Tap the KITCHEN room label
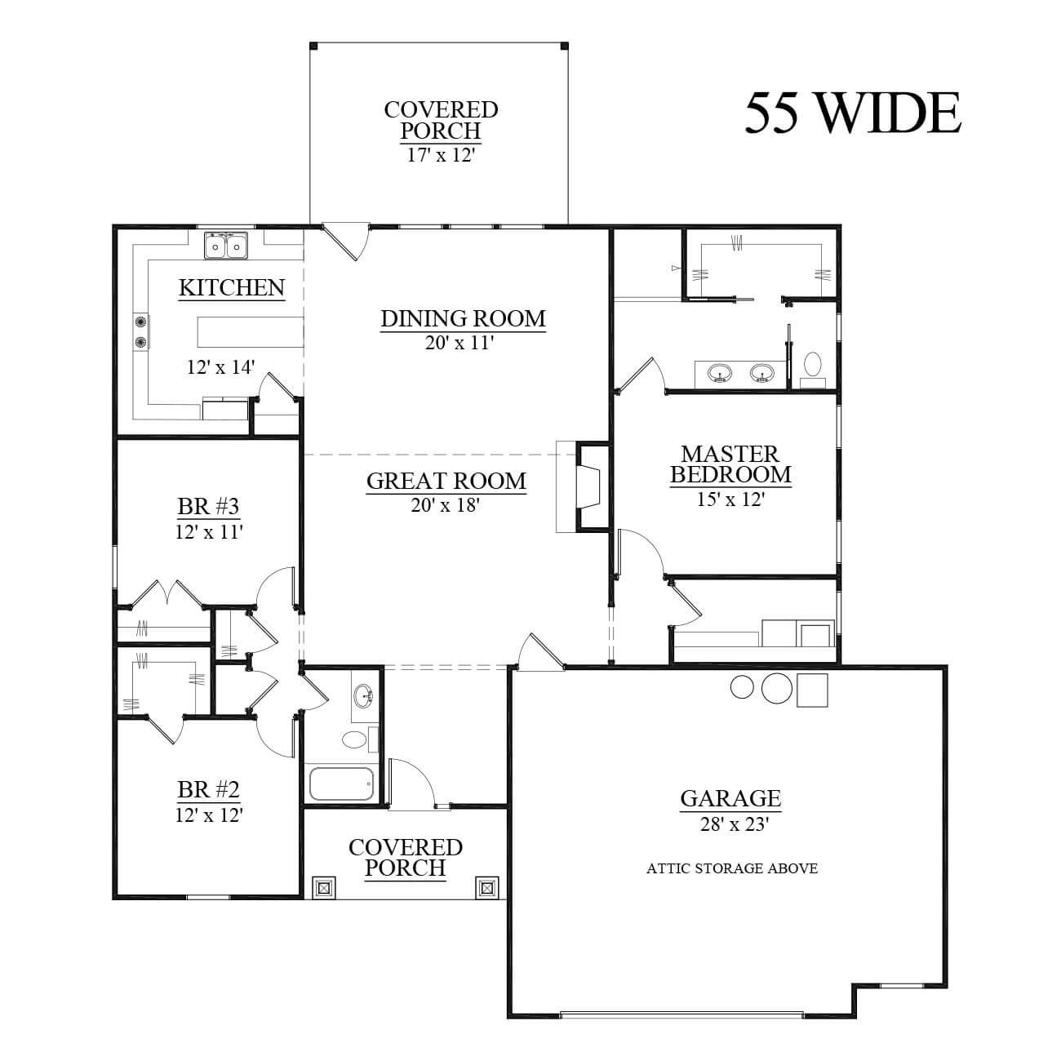click(232, 287)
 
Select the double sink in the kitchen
click(226, 245)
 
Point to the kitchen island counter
click(251, 332)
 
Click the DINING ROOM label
click(463, 318)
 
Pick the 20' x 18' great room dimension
click(446, 505)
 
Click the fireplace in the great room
click(584, 486)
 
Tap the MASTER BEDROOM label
click(730, 464)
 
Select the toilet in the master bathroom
click(813, 366)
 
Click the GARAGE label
click(730, 798)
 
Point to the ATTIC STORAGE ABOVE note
click(732, 868)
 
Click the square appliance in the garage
click(812, 690)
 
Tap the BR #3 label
click(208, 506)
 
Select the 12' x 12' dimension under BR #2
click(209, 815)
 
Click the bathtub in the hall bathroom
click(341, 784)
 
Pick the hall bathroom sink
click(364, 695)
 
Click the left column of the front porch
click(323, 887)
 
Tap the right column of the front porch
click(486, 887)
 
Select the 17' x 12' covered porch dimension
click(441, 155)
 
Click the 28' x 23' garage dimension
click(734, 824)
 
